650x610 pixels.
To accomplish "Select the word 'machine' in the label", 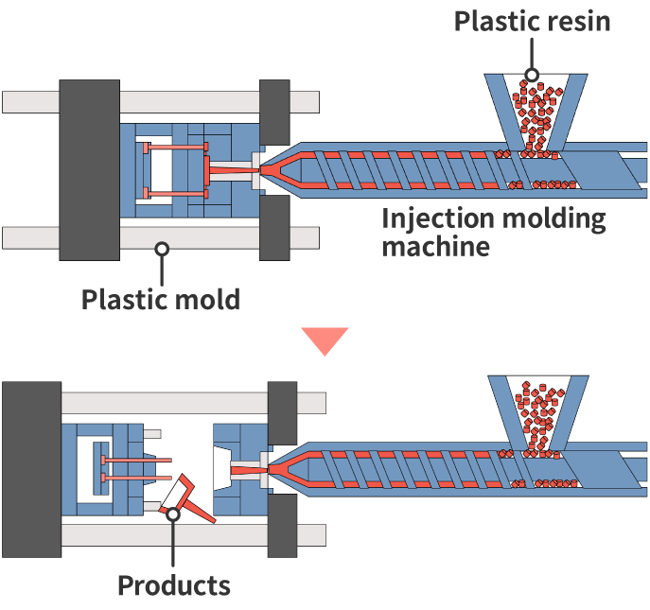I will click(435, 247).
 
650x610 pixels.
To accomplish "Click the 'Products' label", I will click(173, 584).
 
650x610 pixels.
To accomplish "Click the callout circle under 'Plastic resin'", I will click(533, 74).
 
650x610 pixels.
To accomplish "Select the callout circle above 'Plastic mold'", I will click(162, 249).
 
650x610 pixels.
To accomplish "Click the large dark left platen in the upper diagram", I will click(90, 170).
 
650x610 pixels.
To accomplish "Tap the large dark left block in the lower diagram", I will click(31, 469).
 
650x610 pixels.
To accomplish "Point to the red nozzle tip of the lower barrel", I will click(279, 469).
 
